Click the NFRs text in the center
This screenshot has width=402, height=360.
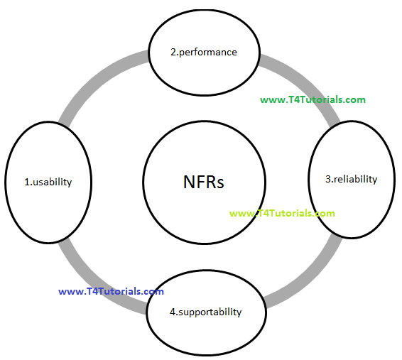(203, 182)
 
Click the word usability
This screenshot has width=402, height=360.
(53, 182)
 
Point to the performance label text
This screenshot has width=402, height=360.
(208, 52)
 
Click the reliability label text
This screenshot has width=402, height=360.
(355, 179)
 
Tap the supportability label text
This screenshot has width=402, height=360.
(210, 312)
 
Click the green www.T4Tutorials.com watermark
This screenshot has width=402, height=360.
(313, 99)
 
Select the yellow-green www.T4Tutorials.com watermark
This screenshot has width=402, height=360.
(282, 213)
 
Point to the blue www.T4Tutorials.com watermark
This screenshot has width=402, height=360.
(111, 291)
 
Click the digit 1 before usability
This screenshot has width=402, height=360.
(26, 182)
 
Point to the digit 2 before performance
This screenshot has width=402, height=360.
(173, 52)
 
